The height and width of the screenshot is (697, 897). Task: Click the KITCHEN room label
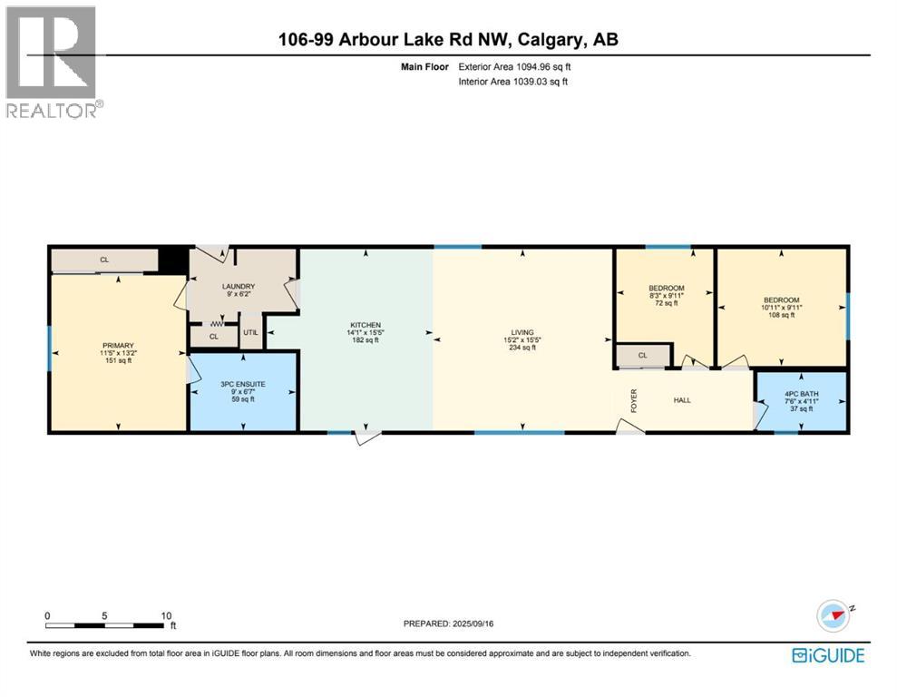[x=366, y=325]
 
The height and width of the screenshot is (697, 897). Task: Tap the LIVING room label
[x=522, y=333]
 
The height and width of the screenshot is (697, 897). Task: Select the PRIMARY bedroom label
[x=118, y=346]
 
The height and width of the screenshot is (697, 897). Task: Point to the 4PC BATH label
[x=802, y=393]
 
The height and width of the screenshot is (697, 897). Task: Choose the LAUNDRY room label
[x=239, y=287]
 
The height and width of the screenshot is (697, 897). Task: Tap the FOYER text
[x=635, y=399]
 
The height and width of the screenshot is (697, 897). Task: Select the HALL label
[x=684, y=399]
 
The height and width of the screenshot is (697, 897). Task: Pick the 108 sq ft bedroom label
[x=781, y=300]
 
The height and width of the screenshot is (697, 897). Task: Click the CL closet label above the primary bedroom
[x=104, y=260]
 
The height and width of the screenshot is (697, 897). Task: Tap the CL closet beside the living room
[x=642, y=356]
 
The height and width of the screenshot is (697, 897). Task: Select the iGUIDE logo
[x=827, y=655]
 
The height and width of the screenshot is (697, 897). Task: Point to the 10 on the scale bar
[x=166, y=614]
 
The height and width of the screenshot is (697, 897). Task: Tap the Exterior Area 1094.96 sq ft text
[x=515, y=67]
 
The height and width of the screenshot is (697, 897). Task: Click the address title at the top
[x=448, y=39]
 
